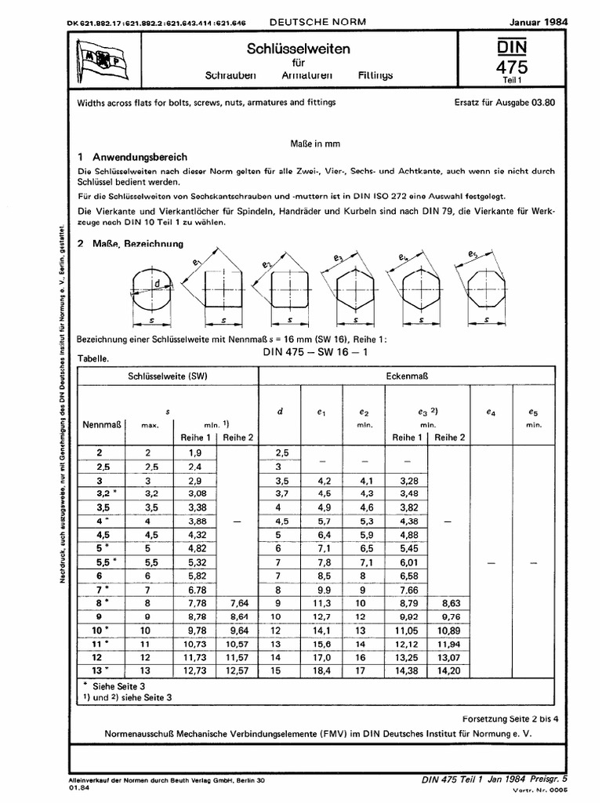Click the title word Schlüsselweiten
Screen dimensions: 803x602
pyautogui.click(x=299, y=49)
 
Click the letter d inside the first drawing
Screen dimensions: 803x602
pyautogui.click(x=158, y=284)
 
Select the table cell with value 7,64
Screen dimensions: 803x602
pyautogui.click(x=238, y=605)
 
